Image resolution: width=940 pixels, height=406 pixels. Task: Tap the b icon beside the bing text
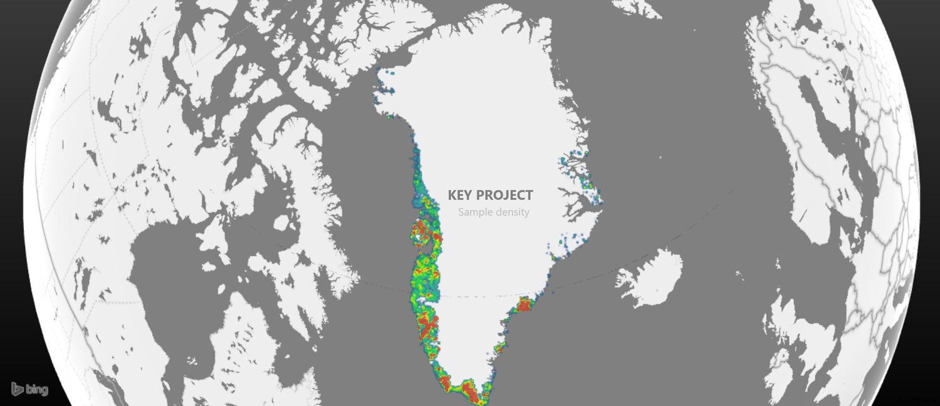(17, 388)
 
